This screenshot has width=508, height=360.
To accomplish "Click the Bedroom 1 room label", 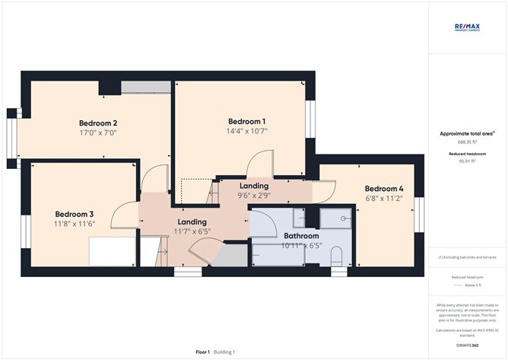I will pos(247,122).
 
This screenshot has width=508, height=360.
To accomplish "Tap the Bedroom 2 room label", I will pos(98,123).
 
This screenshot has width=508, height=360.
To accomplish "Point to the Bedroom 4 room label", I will pos(383,189).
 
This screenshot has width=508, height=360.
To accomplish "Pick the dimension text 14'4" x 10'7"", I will pos(247,131).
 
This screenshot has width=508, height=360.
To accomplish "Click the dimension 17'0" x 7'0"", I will pos(98,132).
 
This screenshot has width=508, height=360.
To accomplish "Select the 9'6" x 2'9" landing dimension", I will pos(253,195).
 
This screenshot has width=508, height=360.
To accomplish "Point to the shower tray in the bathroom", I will pos(335,219).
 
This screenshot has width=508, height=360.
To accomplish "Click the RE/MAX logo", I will pos(468,27).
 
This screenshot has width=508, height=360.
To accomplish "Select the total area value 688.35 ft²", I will pos(467,142).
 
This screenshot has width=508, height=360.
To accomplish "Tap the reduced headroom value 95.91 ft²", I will pos(467,161).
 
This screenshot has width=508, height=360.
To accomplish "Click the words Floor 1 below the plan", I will pos(202,352).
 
